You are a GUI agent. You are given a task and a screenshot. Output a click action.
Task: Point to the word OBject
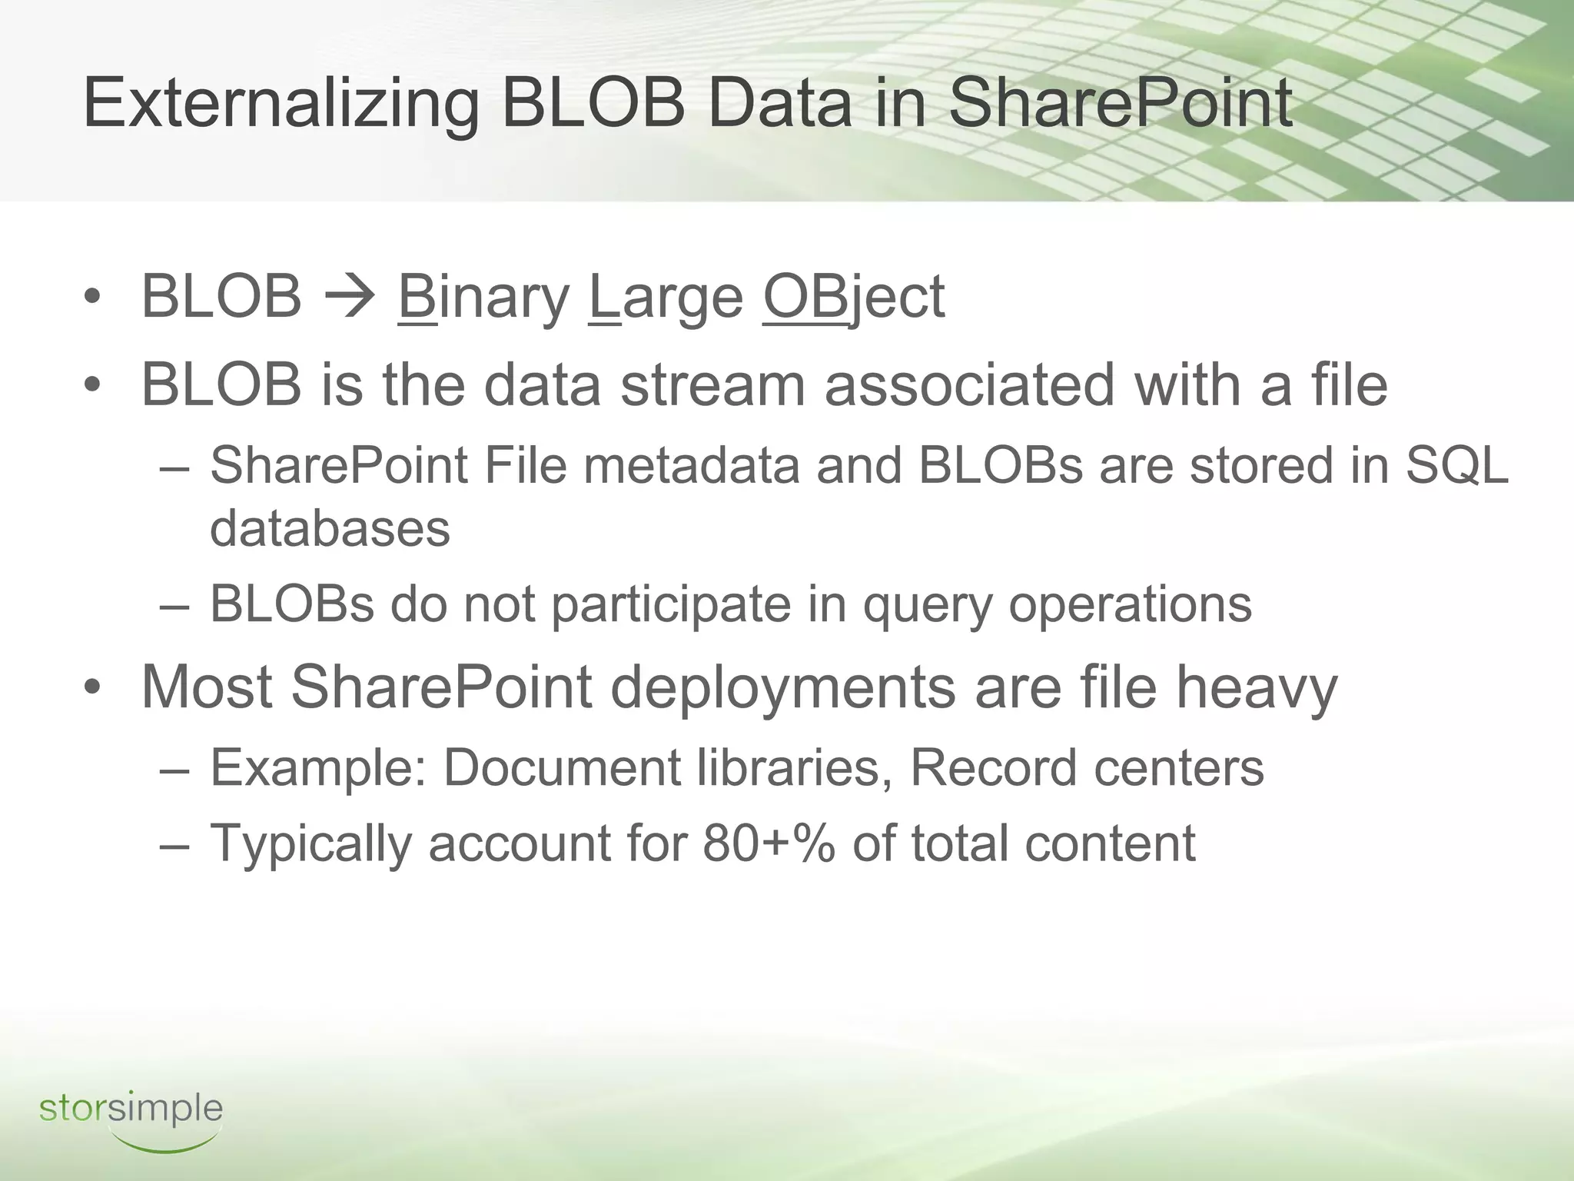click(x=853, y=297)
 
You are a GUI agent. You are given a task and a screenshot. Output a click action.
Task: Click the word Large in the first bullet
click(x=666, y=297)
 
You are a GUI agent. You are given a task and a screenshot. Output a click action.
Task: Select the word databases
click(x=330, y=529)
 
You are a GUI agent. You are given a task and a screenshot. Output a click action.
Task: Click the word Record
click(x=992, y=767)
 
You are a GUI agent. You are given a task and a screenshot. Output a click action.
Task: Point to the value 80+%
click(x=768, y=843)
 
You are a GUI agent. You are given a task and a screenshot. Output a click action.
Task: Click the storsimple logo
click(x=131, y=1116)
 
